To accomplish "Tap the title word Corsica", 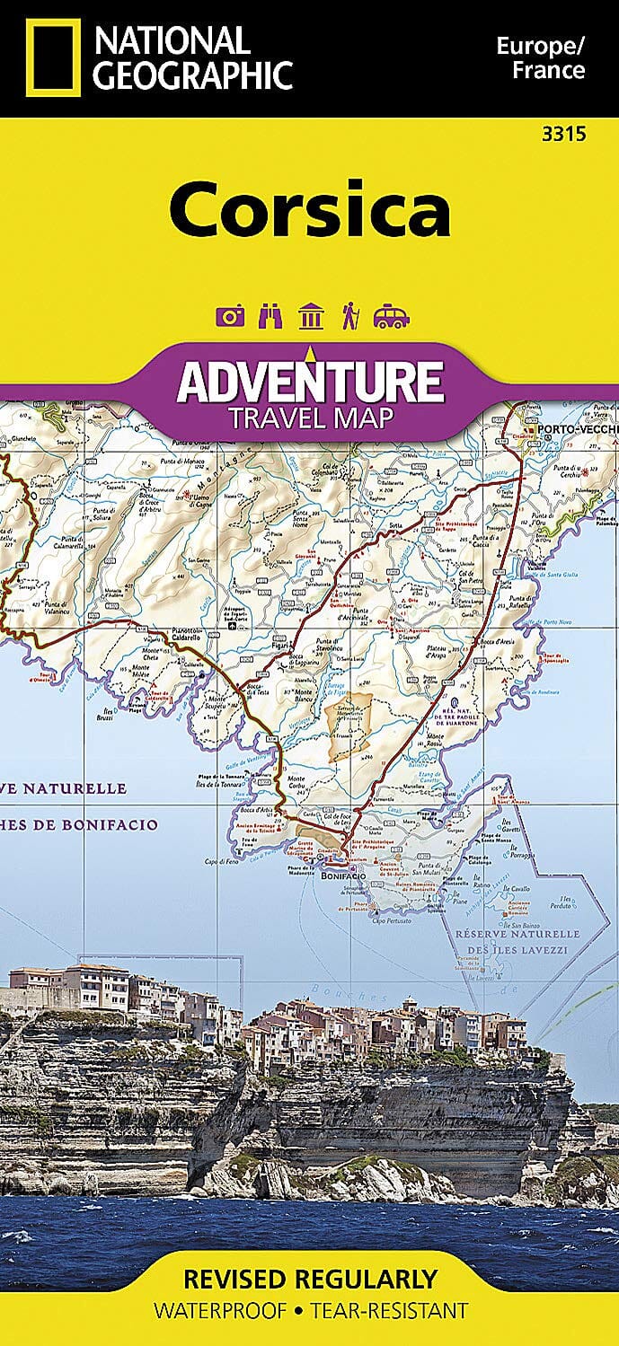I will pyautogui.click(x=310, y=208).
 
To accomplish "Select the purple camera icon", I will pyautogui.click(x=231, y=316).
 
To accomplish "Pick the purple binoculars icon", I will pyautogui.click(x=270, y=316).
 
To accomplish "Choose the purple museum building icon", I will pyautogui.click(x=311, y=316).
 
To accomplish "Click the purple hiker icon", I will pyautogui.click(x=349, y=316).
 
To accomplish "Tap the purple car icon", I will pyautogui.click(x=391, y=316).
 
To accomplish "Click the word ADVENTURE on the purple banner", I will pyautogui.click(x=310, y=381).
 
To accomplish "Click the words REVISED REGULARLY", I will pyautogui.click(x=310, y=1279).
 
